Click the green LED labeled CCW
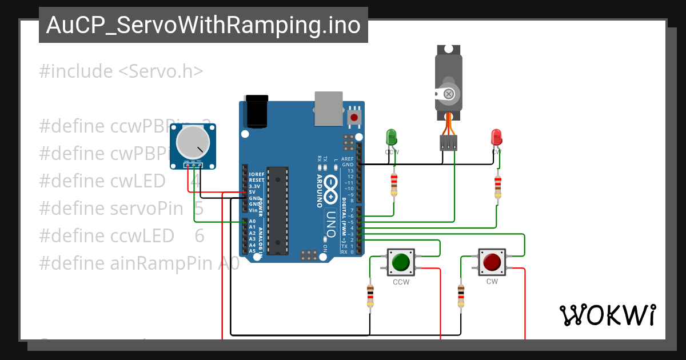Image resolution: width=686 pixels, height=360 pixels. pyautogui.click(x=392, y=137)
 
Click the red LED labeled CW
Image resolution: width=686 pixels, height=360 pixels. pyautogui.click(x=496, y=137)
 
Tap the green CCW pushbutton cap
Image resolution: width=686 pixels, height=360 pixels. pyautogui.click(x=401, y=262)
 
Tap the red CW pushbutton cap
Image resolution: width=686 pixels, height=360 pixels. pyautogui.click(x=492, y=262)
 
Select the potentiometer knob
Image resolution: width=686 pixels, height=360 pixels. pyautogui.click(x=190, y=143)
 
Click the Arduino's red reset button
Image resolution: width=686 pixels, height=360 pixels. pyautogui.click(x=354, y=117)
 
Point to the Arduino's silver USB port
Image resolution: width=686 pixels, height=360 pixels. pyautogui.click(x=328, y=107)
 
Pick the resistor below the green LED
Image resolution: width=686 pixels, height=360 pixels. pyautogui.click(x=393, y=184)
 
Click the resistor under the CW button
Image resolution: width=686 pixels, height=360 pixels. pyautogui.click(x=461, y=295)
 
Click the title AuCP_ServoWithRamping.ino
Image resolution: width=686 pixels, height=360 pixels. pyautogui.click(x=203, y=25)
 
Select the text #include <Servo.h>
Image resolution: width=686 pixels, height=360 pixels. pyautogui.click(x=121, y=71)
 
